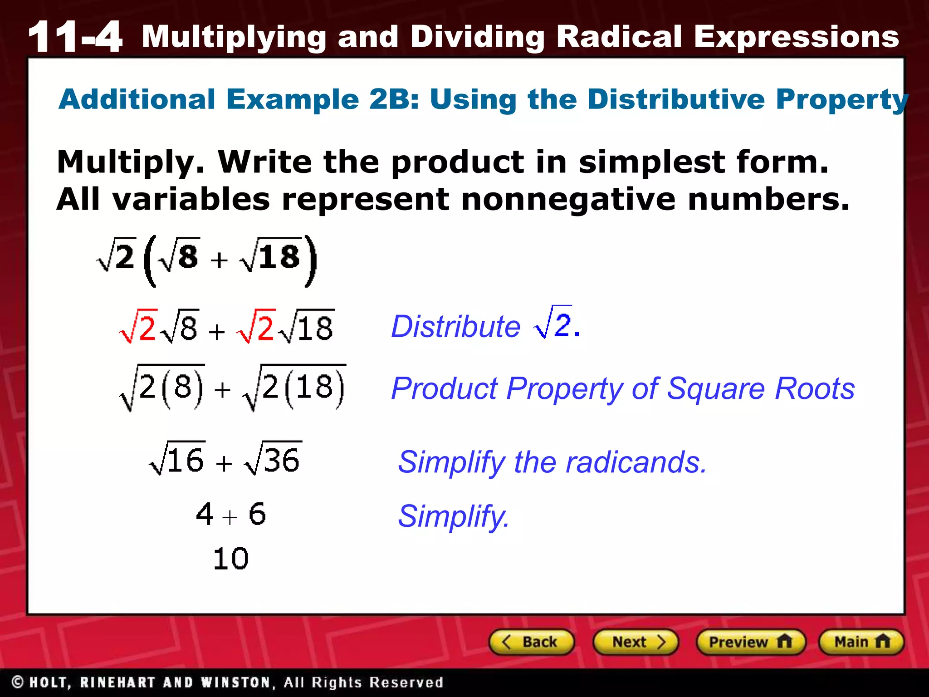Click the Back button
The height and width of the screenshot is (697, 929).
coord(531,642)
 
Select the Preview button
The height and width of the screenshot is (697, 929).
coord(750,642)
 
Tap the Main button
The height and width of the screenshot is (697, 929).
coord(861,642)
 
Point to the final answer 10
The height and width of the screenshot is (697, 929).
coord(230,558)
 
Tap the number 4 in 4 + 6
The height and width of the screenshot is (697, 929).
coord(205,515)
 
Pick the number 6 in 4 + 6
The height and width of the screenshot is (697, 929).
coord(257,515)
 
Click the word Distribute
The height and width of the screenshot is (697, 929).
coord(455,326)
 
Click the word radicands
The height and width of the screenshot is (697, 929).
coord(636,462)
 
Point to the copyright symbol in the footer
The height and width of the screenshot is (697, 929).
coord(18,682)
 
